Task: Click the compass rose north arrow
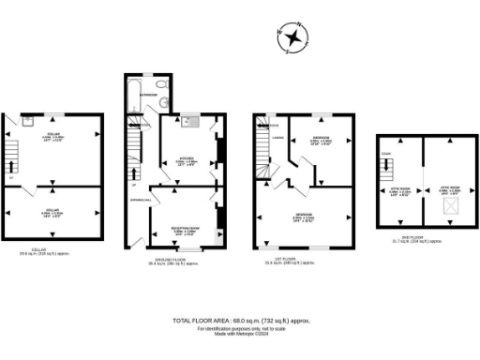pyautogui.click(x=293, y=38)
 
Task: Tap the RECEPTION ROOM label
pyautogui.click(x=184, y=229)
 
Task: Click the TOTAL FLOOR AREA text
pyautogui.click(x=241, y=321)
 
